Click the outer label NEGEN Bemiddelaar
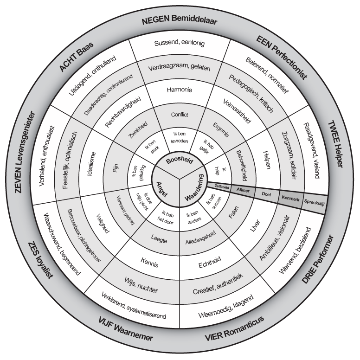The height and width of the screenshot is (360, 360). click(179, 21)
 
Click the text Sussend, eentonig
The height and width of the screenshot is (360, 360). click(179, 44)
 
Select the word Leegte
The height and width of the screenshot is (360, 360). click(159, 240)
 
